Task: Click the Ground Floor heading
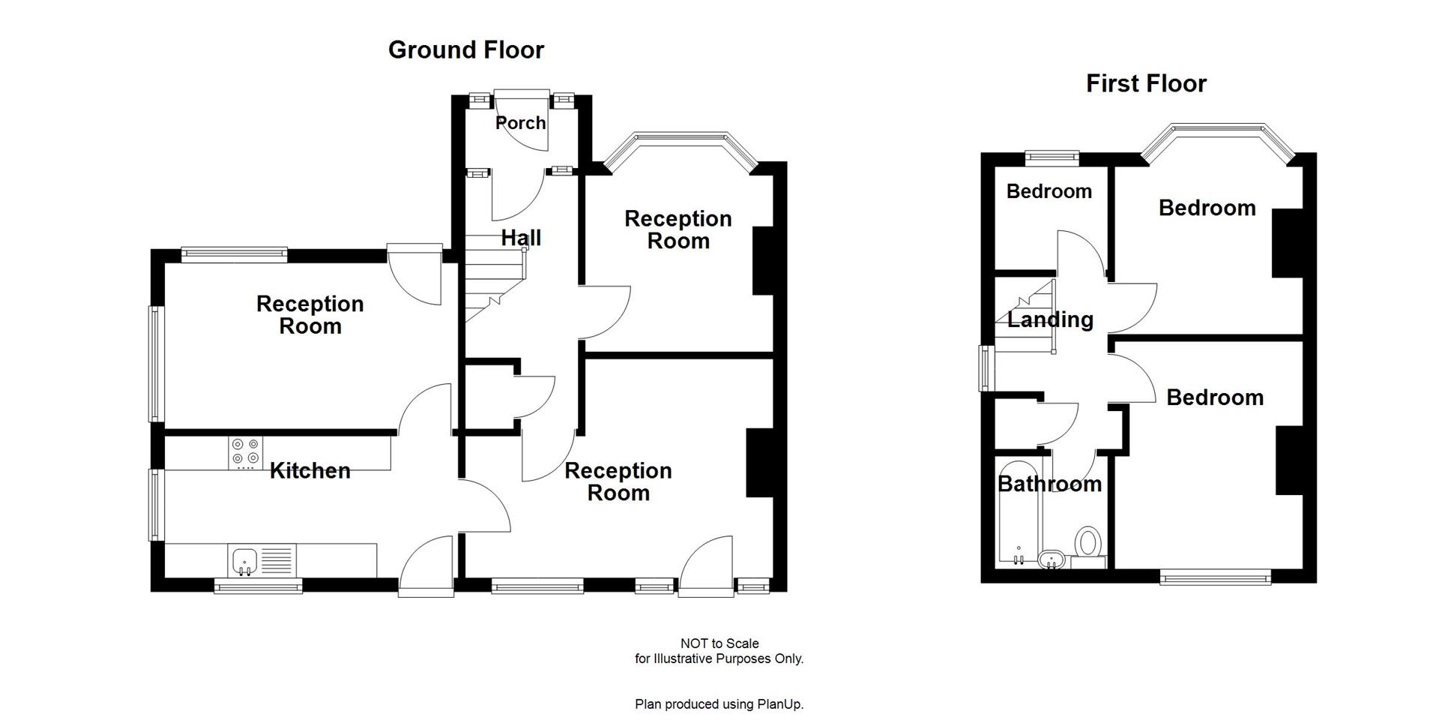coord(465,49)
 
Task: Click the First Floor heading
coord(1146,83)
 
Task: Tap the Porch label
coord(520,122)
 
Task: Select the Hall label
coord(520,238)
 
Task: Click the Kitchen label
coord(310,470)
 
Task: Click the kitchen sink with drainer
coord(262,560)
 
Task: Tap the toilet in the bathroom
coord(1087,542)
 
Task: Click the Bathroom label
coord(1049,484)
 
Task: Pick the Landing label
coord(1049,319)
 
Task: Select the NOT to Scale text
coord(719,643)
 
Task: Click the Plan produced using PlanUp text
coord(719,704)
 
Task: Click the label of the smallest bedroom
coord(1049,191)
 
